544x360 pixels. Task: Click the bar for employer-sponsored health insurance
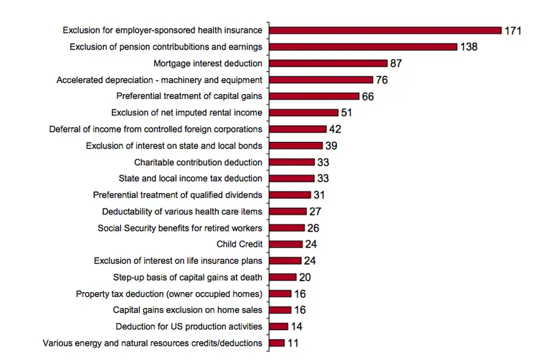(x=385, y=30)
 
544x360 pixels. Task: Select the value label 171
(x=513, y=31)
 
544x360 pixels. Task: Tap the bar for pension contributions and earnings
(x=363, y=46)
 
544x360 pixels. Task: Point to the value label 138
(x=469, y=47)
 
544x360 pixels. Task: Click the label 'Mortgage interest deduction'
(x=208, y=63)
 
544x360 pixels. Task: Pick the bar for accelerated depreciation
(x=321, y=79)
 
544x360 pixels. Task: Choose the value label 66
(x=367, y=97)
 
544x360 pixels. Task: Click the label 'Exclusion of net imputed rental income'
(x=186, y=112)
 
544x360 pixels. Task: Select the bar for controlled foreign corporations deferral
(x=298, y=129)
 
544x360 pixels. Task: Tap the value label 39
(x=331, y=145)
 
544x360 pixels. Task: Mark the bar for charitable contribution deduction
(x=292, y=162)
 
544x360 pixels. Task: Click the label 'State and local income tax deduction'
(x=190, y=178)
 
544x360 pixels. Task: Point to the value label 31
(x=318, y=195)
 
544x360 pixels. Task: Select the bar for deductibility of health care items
(x=288, y=211)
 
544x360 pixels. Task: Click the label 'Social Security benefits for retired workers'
(x=180, y=228)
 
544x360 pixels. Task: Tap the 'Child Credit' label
(x=240, y=244)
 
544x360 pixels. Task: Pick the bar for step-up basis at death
(x=282, y=277)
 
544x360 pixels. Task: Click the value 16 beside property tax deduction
(x=300, y=293)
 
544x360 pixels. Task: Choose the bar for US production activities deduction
(x=278, y=326)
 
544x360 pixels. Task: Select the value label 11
(x=293, y=343)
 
